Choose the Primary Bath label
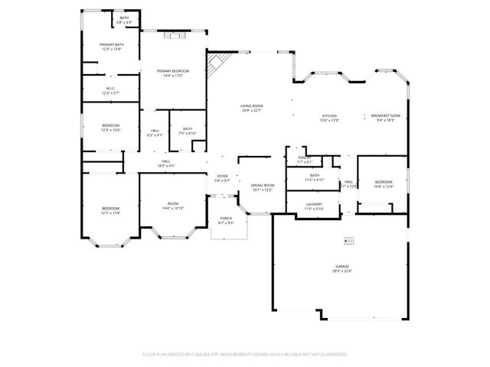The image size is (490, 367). (x=111, y=47)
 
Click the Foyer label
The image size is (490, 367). (x=222, y=177)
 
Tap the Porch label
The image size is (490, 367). (x=226, y=221)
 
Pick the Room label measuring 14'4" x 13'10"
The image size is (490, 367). (x=173, y=205)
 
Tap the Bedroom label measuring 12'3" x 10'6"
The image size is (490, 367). (x=111, y=128)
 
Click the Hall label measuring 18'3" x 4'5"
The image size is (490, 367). (x=165, y=163)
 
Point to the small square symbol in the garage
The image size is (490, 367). (x=349, y=241)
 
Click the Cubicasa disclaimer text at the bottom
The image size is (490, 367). (x=245, y=355)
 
